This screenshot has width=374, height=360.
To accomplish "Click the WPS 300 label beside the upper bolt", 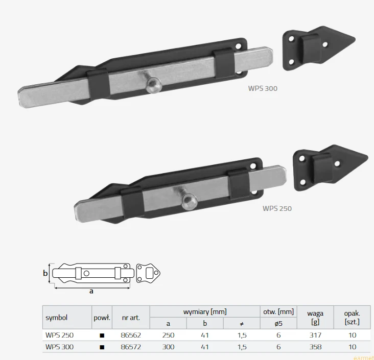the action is click(x=263, y=88).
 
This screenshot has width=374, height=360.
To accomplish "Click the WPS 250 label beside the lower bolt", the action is click(x=277, y=208).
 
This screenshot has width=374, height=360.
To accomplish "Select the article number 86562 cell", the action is click(x=131, y=335).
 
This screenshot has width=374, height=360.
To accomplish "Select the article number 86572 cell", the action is click(x=131, y=347).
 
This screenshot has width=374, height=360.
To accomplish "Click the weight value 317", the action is click(x=315, y=335).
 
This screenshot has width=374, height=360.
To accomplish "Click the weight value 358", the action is click(x=315, y=347).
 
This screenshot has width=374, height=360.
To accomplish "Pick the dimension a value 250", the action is click(x=168, y=335).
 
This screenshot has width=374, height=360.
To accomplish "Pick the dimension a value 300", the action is click(x=168, y=347).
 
